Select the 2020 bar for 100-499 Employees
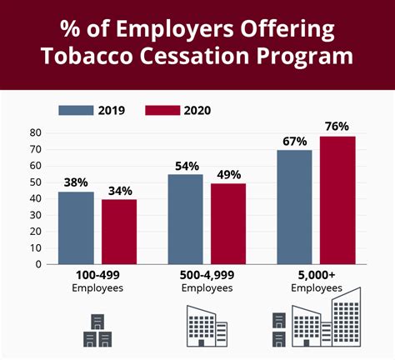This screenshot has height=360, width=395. (x=119, y=232)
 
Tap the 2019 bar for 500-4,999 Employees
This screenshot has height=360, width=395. (x=185, y=219)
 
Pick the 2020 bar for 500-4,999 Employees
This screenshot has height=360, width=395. (x=228, y=223)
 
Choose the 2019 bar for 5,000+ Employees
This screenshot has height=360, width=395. (x=294, y=207)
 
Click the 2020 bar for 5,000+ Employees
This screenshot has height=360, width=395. (x=337, y=200)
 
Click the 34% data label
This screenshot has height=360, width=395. (x=119, y=191)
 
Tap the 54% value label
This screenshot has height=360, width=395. (x=185, y=166)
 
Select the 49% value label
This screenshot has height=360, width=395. (x=227, y=174)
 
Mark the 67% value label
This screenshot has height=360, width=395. (x=294, y=140)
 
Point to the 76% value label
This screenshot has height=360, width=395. (x=337, y=127)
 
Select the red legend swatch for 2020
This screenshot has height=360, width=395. (x=163, y=110)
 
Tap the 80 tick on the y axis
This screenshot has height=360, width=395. (x=35, y=133)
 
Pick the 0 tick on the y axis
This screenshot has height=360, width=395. (x=38, y=264)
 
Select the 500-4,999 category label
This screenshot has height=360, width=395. (x=207, y=276)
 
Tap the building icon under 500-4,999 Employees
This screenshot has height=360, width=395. (x=204, y=325)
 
